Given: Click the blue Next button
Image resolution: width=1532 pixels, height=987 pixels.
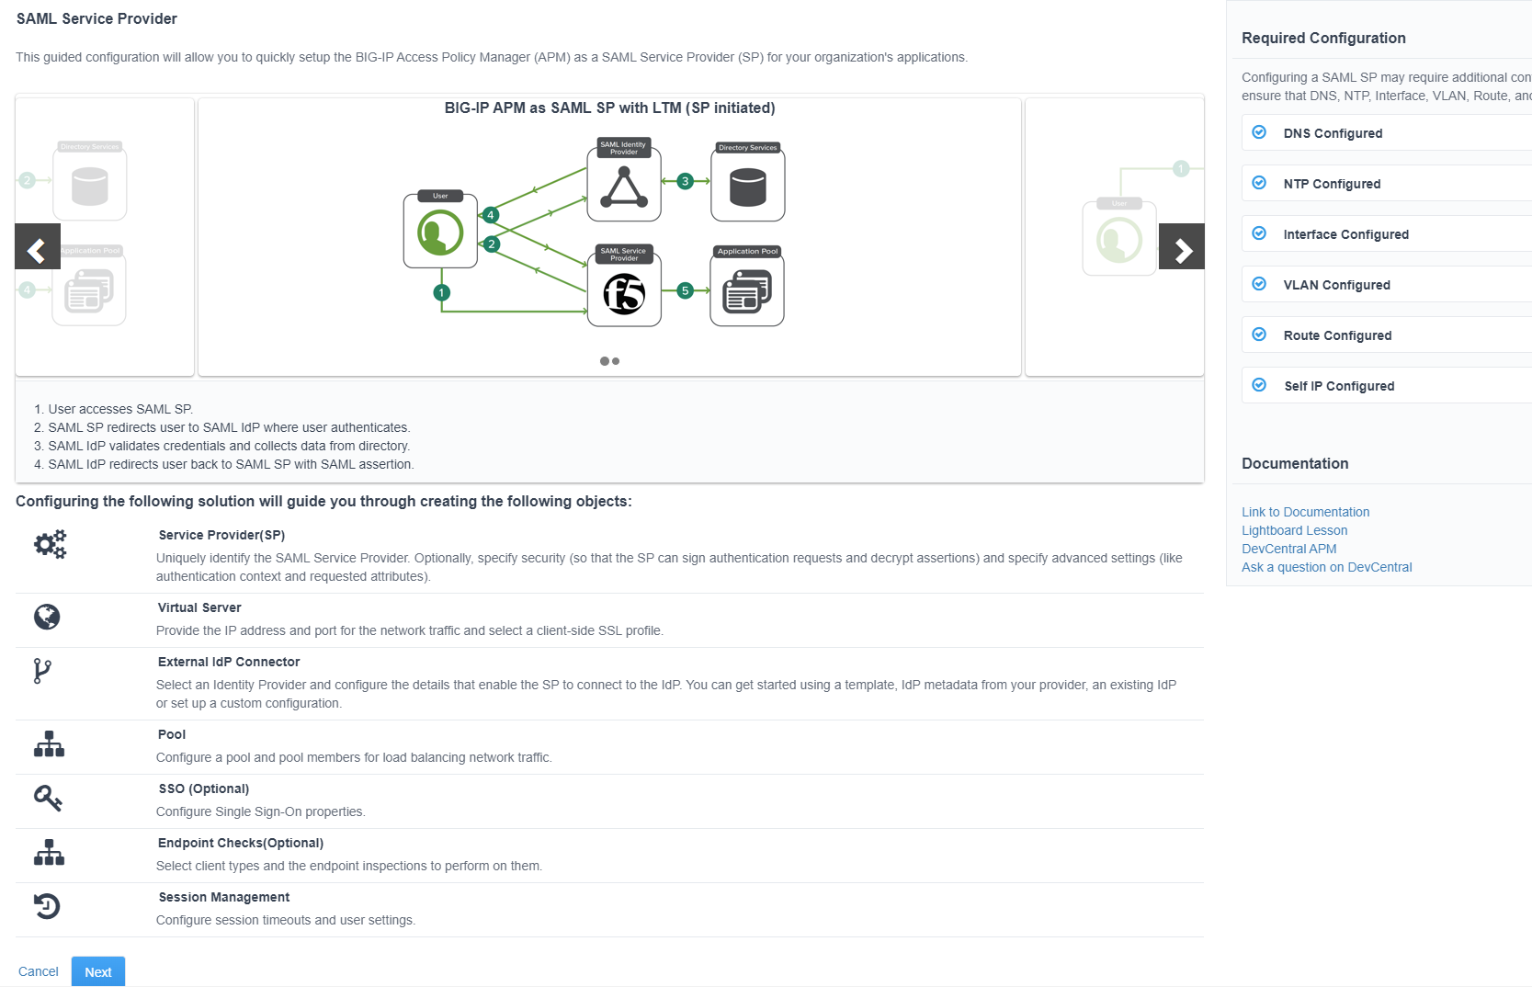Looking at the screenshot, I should pyautogui.click(x=98, y=971).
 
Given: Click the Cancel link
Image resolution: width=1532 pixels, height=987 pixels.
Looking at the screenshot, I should pyautogui.click(x=39, y=971).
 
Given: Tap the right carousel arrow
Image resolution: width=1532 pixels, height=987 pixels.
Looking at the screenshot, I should pyautogui.click(x=1182, y=247).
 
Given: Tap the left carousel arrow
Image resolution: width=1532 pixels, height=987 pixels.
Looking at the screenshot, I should pyautogui.click(x=37, y=247).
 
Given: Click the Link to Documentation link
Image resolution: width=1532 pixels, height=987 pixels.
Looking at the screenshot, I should pyautogui.click(x=1305, y=512).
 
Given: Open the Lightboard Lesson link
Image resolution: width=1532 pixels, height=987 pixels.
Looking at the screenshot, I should pyautogui.click(x=1294, y=530).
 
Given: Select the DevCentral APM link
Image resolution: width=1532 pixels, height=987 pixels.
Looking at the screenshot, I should pyautogui.click(x=1288, y=549).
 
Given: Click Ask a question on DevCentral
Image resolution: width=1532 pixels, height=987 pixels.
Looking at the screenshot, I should pyautogui.click(x=1326, y=567).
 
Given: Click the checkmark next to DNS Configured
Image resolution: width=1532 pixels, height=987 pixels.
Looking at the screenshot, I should pyautogui.click(x=1259, y=132).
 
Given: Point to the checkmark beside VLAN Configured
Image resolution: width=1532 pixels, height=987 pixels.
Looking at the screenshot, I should pyautogui.click(x=1259, y=284).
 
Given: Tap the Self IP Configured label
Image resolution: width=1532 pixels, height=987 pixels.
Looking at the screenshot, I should pyautogui.click(x=1339, y=386).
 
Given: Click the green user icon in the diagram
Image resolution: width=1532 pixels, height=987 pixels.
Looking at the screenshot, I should pyautogui.click(x=440, y=233).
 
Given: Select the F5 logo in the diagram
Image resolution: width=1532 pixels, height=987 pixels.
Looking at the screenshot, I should pyautogui.click(x=624, y=294).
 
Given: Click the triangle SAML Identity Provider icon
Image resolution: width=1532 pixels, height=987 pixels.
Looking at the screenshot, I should pyautogui.click(x=624, y=188).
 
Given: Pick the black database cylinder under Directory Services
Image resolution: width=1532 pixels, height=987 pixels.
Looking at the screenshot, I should pyautogui.click(x=747, y=187).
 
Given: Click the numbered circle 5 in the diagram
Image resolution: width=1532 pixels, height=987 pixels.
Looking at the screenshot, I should pyautogui.click(x=685, y=290).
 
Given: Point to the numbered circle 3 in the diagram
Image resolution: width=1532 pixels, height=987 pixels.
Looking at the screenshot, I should pyautogui.click(x=685, y=181).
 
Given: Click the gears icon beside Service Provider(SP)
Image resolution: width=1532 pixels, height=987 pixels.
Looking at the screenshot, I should pyautogui.click(x=50, y=544).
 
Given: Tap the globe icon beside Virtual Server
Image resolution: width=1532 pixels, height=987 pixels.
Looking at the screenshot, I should pyautogui.click(x=47, y=617).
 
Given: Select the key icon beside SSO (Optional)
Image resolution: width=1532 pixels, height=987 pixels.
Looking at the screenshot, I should pyautogui.click(x=48, y=798).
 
